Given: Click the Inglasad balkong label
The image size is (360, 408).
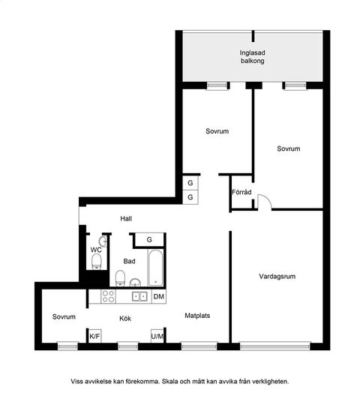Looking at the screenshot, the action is click(252, 57).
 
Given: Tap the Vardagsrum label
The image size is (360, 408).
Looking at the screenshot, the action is click(277, 276).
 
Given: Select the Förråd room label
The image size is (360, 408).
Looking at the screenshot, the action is click(241, 192).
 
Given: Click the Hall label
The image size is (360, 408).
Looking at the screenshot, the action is click(126, 218).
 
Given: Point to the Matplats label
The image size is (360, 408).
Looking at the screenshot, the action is click(197, 316).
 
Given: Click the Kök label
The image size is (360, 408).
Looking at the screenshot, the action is click(125, 319).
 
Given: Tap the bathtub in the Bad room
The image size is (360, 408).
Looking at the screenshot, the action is click(155, 268).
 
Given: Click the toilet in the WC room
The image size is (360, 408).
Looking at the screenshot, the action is click(97, 262).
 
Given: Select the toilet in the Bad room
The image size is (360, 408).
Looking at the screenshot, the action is click(120, 278).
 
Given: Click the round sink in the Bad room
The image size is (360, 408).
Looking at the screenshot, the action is click(135, 282).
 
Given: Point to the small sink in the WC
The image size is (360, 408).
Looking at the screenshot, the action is click(103, 241).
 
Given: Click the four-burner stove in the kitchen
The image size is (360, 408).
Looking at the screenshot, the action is click(108, 296).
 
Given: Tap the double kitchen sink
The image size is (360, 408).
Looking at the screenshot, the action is click(139, 296).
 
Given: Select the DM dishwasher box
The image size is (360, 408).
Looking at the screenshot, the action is click(159, 296).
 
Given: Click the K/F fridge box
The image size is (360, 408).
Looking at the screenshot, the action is click(94, 336).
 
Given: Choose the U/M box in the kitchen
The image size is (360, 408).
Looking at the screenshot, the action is click(157, 336).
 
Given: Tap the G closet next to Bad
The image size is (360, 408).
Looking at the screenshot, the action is click(149, 240).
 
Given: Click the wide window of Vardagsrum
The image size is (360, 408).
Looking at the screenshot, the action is click(275, 346).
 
